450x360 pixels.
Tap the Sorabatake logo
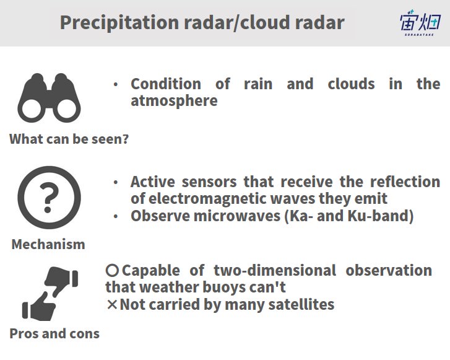420,23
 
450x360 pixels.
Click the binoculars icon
49,98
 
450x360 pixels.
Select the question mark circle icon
49,198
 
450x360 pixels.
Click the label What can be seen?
69,139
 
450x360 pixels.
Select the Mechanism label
48,245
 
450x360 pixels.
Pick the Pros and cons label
54,333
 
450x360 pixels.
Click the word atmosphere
174,101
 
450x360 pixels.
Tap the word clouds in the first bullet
352,84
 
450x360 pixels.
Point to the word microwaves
237,216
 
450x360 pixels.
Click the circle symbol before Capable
112,270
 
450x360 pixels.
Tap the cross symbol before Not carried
112,305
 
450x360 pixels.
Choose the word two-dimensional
275,270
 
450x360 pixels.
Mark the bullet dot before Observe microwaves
116,216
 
